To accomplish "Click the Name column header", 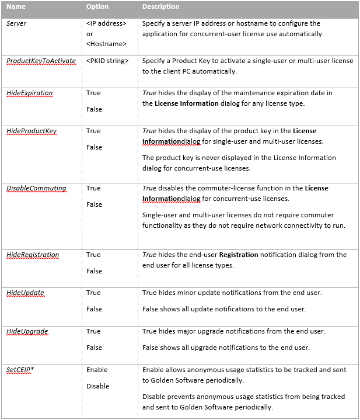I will pos(16,7).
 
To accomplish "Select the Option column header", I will pos(97,7).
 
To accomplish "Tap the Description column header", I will pos(160,7).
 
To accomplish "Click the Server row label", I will pos(16,23).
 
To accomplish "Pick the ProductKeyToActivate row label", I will pos(41,61).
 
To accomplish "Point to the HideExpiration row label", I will pos(30,93).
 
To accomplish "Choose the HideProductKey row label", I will pos(32,131).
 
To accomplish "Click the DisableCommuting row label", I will pos(36,188).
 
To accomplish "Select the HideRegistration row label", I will pos(33,255).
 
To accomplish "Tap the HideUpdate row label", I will pos(25,293).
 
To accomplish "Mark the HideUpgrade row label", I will pos(27,331).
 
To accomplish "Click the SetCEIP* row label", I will pos(20,370).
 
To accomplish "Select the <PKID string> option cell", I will pos(107,61).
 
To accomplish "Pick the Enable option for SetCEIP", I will pos(97,370).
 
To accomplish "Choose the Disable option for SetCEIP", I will pos(98,386).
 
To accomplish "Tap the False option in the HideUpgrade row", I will pos(94,348).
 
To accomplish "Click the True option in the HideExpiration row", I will pos(93,93).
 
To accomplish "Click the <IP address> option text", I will pos(106,23).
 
